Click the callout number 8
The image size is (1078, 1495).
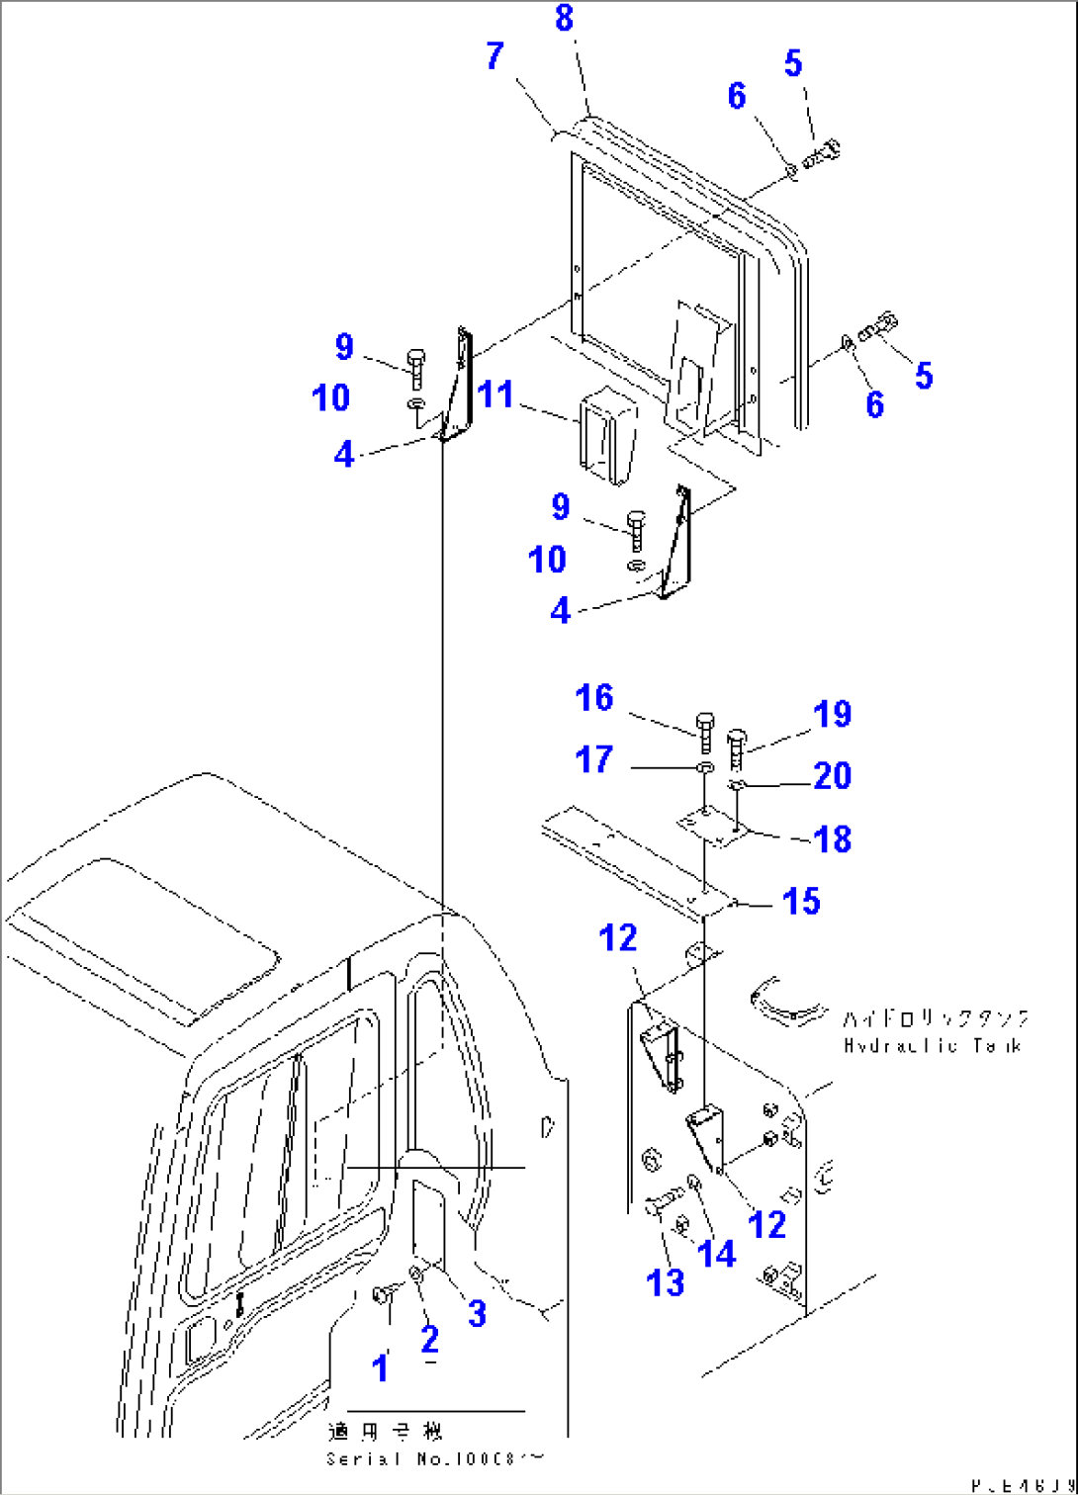click(x=564, y=18)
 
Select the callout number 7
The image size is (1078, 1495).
click(x=495, y=56)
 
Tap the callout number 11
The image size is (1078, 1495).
click(x=495, y=395)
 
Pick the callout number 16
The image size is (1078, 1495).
click(x=594, y=698)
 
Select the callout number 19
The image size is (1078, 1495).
click(x=832, y=714)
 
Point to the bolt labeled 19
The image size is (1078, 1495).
click(x=737, y=748)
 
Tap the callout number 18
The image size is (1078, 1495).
click(x=832, y=839)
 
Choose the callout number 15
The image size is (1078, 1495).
click(x=801, y=901)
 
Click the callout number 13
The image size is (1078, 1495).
click(x=666, y=1282)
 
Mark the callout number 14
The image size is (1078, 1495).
click(x=717, y=1254)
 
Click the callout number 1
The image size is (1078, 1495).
click(x=381, y=1368)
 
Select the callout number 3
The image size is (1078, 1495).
click(x=477, y=1313)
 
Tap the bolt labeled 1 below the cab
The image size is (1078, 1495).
click(x=382, y=1294)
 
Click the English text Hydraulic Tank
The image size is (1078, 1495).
click(x=932, y=1045)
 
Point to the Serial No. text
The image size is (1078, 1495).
click(x=434, y=1458)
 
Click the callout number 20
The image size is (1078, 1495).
click(x=832, y=776)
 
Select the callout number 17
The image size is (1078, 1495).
click(x=594, y=759)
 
